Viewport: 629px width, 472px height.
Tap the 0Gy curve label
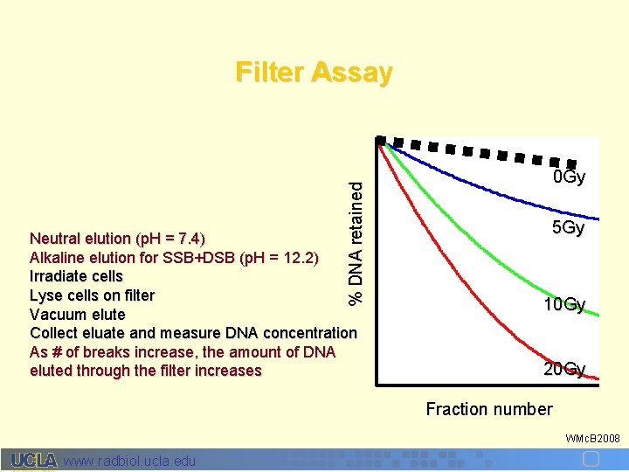coord(569,178)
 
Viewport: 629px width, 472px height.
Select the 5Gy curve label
coord(568,228)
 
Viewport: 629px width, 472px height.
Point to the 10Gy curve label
coord(563,305)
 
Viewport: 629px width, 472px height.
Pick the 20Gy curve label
coord(564,369)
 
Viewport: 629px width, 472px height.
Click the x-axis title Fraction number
coord(488,409)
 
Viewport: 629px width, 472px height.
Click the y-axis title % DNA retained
coord(356,237)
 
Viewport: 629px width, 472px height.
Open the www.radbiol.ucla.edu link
coord(130,461)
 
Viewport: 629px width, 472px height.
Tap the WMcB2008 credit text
coord(593,437)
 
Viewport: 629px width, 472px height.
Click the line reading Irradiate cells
coord(76,276)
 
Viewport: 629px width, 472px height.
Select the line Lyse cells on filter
coord(92,295)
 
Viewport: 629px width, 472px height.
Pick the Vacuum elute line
coord(78,314)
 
